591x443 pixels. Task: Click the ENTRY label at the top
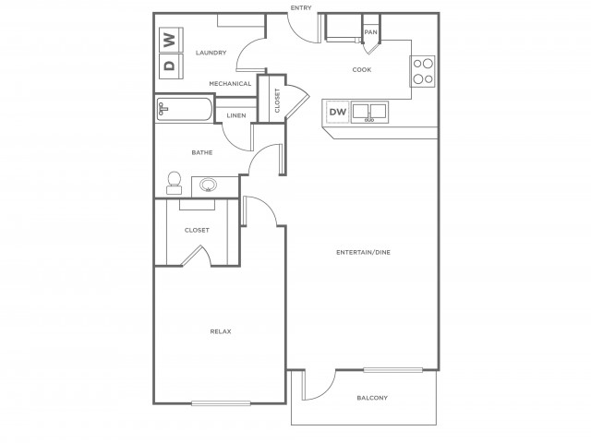point(301,7)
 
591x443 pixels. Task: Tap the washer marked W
point(171,40)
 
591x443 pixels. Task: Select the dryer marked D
point(171,66)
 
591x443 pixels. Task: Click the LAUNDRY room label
point(211,53)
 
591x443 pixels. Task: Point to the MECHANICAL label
point(230,84)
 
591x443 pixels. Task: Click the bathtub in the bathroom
point(184,109)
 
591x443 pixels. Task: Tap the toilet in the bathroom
point(175,183)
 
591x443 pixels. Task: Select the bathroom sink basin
point(208,185)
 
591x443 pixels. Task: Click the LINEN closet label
point(236,115)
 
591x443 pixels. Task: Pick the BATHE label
point(202,152)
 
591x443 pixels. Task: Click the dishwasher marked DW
point(338,112)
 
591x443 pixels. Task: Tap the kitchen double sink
point(369,112)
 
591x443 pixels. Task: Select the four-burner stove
point(423,71)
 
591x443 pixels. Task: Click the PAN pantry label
point(371,32)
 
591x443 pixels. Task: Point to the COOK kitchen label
point(362,70)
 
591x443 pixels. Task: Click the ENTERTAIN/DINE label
point(363,252)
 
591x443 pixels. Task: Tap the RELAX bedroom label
point(221,331)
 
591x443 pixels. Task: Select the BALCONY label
point(372,398)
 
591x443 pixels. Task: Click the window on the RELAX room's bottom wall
point(221,403)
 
